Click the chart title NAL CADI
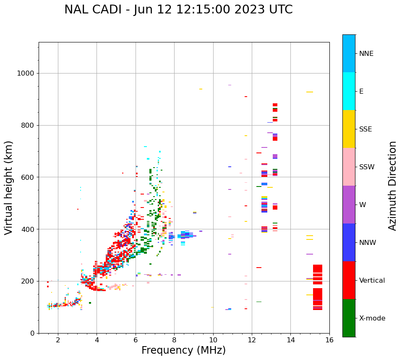click(x=178, y=10)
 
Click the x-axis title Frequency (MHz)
click(x=183, y=350)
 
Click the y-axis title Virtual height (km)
click(x=9, y=187)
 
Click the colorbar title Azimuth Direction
click(x=392, y=186)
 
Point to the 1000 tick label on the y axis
click(x=25, y=74)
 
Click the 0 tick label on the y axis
click(x=32, y=333)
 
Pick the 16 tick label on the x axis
click(x=329, y=340)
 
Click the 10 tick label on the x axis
click(x=213, y=340)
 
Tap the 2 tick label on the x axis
click(x=58, y=340)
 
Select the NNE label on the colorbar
click(x=366, y=54)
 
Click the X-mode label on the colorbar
click(x=372, y=318)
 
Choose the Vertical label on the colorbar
click(x=372, y=281)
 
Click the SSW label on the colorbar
click(x=367, y=167)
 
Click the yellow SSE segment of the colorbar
click(x=349, y=129)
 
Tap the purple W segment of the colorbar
click(x=349, y=205)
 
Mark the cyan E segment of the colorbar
click(x=349, y=91)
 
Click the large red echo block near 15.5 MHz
click(x=318, y=294)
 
